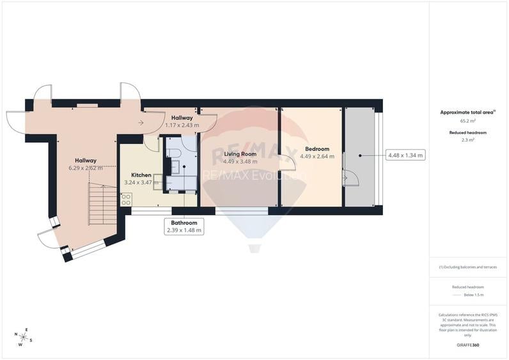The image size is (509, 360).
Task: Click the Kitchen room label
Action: (141, 175)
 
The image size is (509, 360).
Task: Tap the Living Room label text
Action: (240, 154)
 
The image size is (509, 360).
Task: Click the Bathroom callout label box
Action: (184, 226)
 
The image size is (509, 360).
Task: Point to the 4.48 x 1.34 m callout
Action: (405, 155)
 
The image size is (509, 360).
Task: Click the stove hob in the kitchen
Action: (126, 199)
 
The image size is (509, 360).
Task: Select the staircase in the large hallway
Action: (102, 203)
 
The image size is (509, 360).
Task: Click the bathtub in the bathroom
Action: (182, 184)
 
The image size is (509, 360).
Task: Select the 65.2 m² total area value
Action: (468, 120)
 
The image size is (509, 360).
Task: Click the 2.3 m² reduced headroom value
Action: (468, 140)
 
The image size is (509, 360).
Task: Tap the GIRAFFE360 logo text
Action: (468, 345)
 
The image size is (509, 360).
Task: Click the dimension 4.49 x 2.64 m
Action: (318, 156)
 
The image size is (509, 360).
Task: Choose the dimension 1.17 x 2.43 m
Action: (182, 125)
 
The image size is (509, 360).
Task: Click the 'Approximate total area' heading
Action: (467, 112)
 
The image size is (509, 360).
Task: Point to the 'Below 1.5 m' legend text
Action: (473, 295)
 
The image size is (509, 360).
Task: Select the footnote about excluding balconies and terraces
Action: (468, 267)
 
